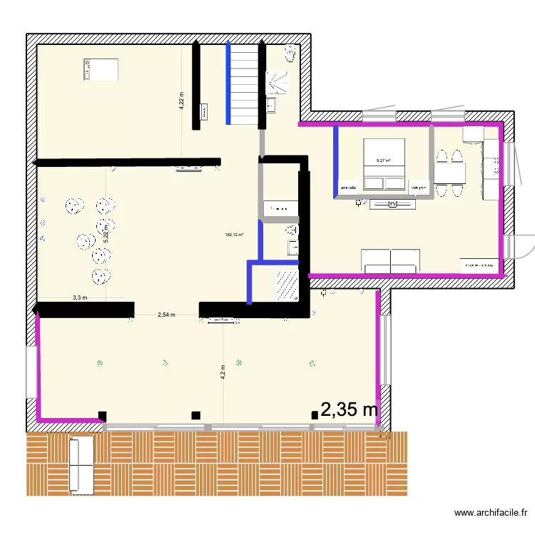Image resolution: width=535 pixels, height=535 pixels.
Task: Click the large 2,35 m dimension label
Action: tap(350, 409)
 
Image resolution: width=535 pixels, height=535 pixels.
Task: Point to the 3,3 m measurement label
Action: tap(80, 298)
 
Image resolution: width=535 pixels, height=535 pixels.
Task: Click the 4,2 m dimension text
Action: tap(223, 371)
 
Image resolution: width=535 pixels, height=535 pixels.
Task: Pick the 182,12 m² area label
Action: tap(234, 235)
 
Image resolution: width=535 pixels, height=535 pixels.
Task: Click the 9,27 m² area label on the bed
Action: tap(384, 161)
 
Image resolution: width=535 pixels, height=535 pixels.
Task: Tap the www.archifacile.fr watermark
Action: tap(493, 513)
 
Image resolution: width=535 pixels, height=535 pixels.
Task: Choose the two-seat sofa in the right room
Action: tap(390, 261)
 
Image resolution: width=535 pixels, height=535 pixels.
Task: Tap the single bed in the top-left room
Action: tap(99, 70)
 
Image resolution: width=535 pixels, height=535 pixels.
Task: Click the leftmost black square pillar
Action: tap(102, 415)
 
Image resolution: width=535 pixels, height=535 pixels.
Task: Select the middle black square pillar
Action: tap(195, 415)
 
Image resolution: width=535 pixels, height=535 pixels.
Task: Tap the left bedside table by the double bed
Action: tap(350, 188)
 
